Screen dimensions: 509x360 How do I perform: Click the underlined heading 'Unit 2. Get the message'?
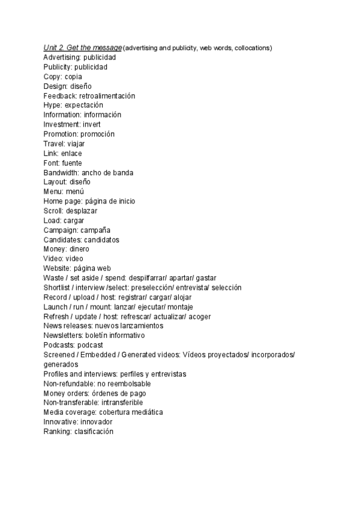pyautogui.click(x=83, y=48)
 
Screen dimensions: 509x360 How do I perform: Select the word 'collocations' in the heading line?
pyautogui.click(x=251, y=48)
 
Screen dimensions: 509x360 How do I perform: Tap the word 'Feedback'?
pyautogui.click(x=59, y=96)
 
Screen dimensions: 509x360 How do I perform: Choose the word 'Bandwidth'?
pyautogui.click(x=61, y=173)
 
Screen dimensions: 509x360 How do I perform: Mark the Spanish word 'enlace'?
pyautogui.click(x=72, y=154)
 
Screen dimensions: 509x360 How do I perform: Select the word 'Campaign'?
pyautogui.click(x=60, y=230)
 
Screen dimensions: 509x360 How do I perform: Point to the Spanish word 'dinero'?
pyautogui.click(x=79, y=250)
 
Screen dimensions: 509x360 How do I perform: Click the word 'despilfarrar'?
pyautogui.click(x=146, y=279)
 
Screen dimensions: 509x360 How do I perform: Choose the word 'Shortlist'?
pyautogui.click(x=58, y=288)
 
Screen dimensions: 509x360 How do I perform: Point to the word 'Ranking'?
pyautogui.click(x=57, y=432)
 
